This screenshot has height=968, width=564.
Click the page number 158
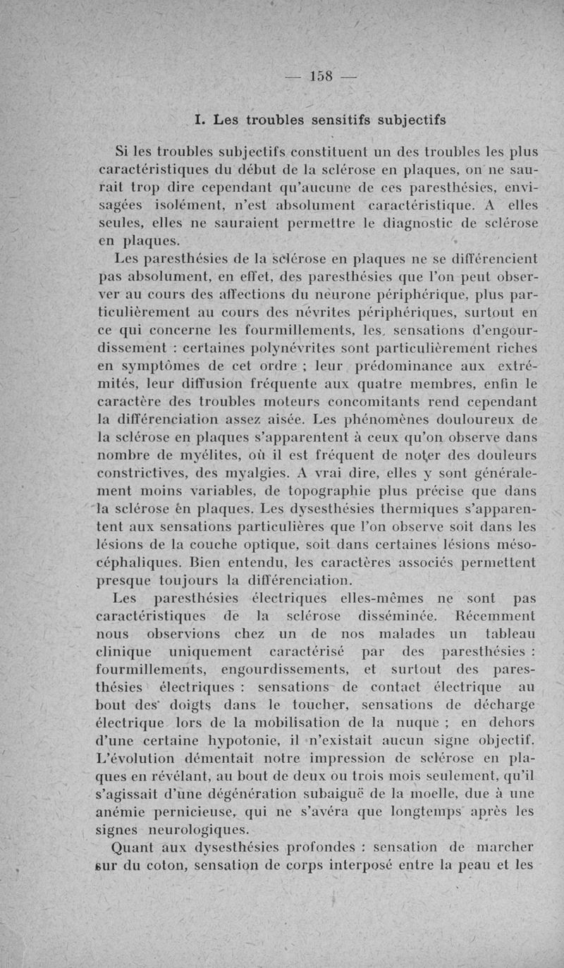pos(325,76)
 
